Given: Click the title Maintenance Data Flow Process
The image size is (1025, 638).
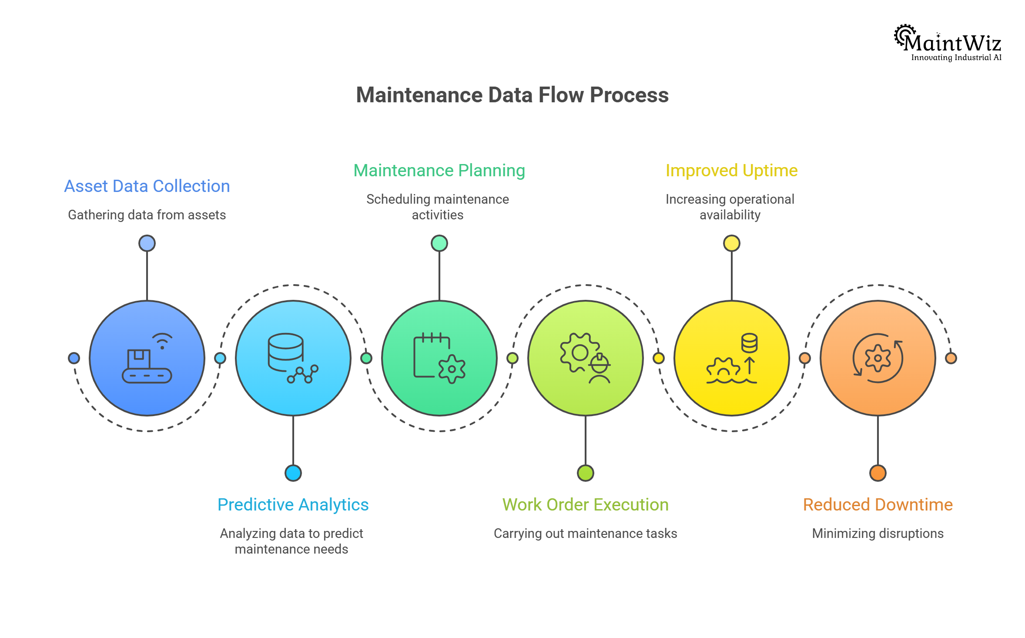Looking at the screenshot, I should (x=512, y=95).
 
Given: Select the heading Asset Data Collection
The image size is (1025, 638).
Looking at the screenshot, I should (x=147, y=186).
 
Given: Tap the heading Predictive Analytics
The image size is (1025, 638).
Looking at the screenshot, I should (x=293, y=505).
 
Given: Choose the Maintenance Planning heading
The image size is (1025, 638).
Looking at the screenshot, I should (x=439, y=171).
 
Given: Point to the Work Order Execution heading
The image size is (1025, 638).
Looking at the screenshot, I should (x=585, y=505).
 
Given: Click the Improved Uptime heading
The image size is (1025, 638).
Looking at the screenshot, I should (x=731, y=171).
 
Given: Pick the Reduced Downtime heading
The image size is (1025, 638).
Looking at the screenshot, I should (x=878, y=505).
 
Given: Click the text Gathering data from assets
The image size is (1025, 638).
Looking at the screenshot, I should (x=147, y=215).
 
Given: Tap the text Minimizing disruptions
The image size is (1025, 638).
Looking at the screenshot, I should (x=878, y=534).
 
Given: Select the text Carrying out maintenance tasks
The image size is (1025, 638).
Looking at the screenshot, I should (x=585, y=534).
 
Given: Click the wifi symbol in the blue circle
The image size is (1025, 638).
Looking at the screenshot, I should (x=162, y=341).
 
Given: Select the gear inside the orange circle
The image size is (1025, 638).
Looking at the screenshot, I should (x=878, y=358).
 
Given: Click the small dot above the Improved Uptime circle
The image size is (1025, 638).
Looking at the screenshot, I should (x=731, y=243).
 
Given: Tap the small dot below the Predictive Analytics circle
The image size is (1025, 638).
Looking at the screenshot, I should (x=293, y=473).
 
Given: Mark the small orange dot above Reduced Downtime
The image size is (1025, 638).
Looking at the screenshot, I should (x=878, y=473).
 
